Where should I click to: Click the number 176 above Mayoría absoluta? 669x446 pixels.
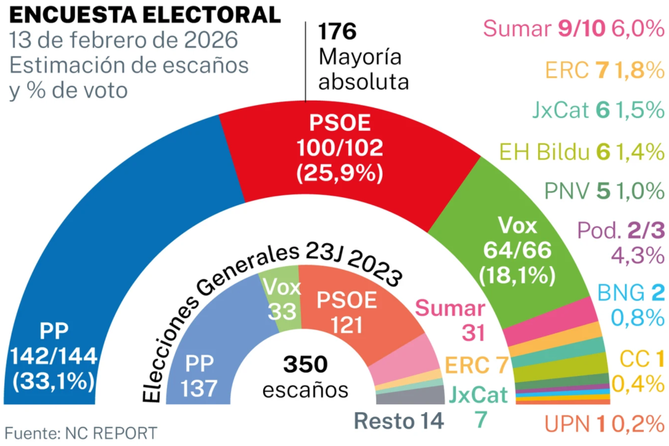coord(338,32)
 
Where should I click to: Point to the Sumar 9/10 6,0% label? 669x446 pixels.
coord(573,29)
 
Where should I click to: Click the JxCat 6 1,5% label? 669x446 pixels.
coord(593,110)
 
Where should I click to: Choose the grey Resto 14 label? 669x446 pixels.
coord(399,421)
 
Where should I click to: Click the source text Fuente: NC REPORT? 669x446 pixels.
coord(81,433)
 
